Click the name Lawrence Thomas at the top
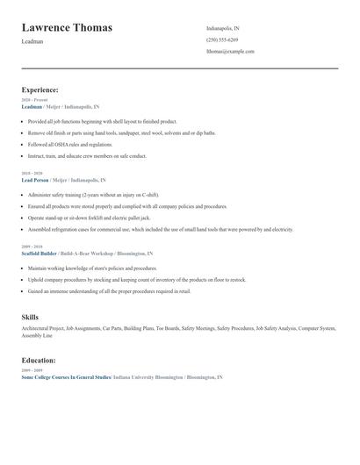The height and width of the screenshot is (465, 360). pos(67,28)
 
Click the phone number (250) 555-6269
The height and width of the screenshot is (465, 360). pos(222,39)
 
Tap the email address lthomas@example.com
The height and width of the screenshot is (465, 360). pos(230,51)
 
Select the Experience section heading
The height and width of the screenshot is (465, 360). pos(40,89)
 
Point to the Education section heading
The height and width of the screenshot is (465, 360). pos(39,360)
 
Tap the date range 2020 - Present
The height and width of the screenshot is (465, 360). pos(34,100)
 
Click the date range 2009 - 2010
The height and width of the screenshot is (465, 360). pos(32,247)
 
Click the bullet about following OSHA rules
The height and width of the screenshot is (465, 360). pos(70,144)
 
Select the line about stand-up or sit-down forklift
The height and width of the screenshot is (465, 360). pos(90,217)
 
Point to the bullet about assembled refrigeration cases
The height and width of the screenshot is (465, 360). pos(158,229)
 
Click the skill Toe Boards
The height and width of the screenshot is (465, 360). pos(168,328)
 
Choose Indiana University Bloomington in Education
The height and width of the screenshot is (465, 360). pos(148,376)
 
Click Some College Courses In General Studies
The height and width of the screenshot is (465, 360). pos(66,376)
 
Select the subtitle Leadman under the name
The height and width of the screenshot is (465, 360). pos(32,42)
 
